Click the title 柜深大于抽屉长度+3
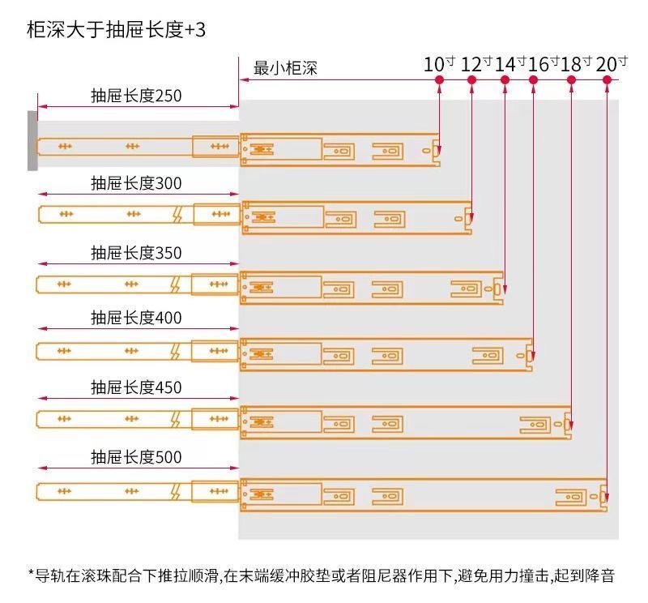pos(116,30)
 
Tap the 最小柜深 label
pos(285,68)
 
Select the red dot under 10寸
pos(439,79)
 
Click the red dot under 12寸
pos(472,79)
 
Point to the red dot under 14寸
pos(505,79)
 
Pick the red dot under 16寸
pos(534,79)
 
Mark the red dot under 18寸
pos(571,79)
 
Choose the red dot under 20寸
pos(607,79)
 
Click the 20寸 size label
pos(612,64)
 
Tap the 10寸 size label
pos(439,64)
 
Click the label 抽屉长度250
pos(136,96)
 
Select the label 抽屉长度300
pos(136,183)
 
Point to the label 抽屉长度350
pos(136,253)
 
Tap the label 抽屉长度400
pos(136,318)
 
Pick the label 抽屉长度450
pos(136,387)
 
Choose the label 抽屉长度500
pos(136,457)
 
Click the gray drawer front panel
pos(32,140)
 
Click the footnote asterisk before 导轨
pos(31,573)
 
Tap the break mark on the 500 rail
pos(176,491)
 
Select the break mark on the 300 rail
pos(177,214)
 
